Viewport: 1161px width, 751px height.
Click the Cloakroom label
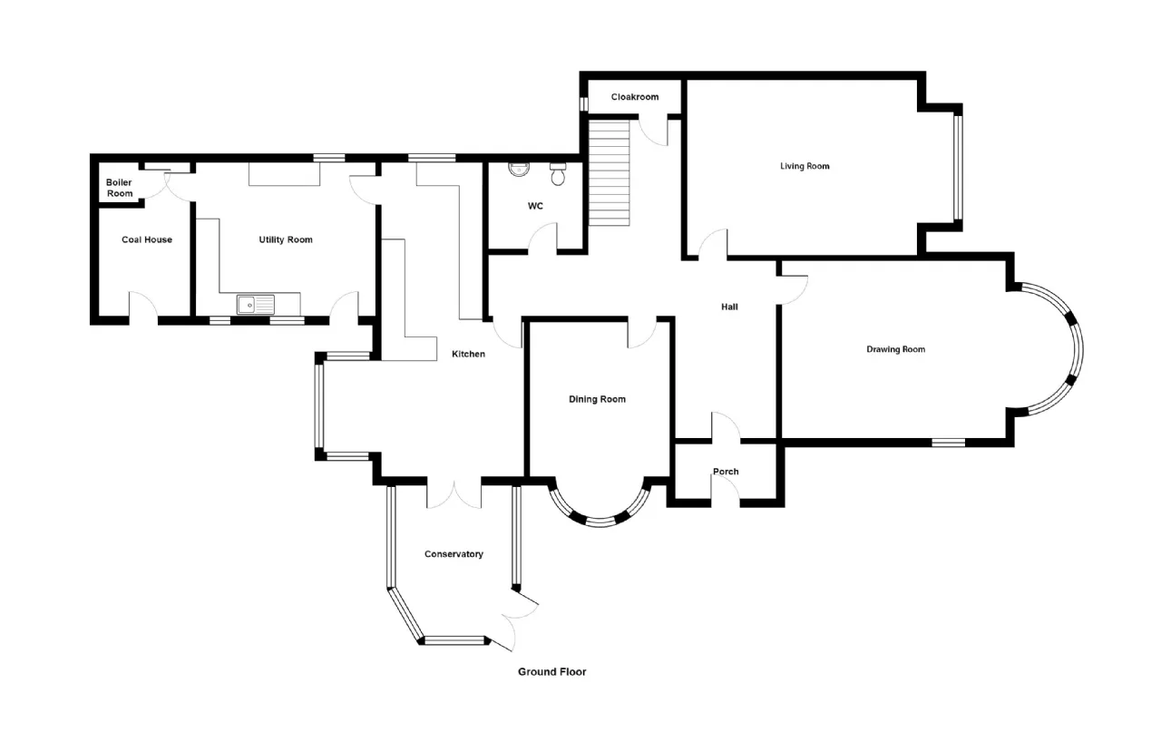634,97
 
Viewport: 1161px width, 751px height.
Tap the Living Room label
805,166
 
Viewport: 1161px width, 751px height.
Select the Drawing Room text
895,349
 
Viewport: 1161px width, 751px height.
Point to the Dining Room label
597,399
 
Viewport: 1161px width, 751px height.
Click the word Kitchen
468,354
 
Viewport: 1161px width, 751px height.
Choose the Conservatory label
454,554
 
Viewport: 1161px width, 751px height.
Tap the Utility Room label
286,239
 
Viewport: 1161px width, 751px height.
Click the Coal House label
147,239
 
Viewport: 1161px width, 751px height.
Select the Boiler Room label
119,188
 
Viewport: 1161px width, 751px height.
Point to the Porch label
726,472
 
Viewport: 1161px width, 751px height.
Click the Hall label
729,307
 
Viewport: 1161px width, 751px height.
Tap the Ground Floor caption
552,672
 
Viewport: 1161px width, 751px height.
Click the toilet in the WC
558,174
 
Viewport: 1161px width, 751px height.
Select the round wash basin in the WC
519,170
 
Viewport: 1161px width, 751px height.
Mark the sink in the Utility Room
256,305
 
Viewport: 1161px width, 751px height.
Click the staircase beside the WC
609,172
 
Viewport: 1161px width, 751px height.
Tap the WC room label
535,206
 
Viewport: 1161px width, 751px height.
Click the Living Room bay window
958,167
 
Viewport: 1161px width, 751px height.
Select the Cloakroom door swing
652,132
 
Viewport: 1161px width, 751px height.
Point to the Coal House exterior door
143,307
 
